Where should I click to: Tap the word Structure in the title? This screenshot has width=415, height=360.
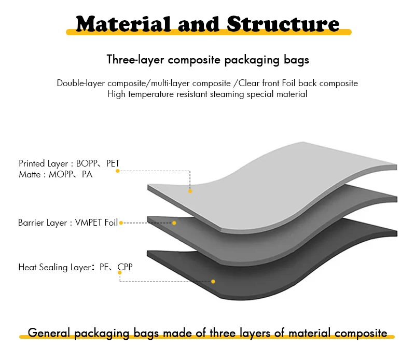pos(282,23)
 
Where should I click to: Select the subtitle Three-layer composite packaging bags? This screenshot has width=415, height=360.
pos(208,60)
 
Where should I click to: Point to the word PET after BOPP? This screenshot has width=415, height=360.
pos(113,163)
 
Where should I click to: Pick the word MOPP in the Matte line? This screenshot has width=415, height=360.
pos(60,174)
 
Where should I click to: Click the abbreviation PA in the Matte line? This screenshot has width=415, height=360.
pos(87,174)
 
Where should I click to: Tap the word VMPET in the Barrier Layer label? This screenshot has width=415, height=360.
pos(89,223)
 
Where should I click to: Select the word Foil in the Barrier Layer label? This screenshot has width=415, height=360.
pos(112,223)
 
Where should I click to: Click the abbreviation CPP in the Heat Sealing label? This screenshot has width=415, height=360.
pos(126,268)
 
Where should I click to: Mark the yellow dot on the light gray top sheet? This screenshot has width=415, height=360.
pos(190,191)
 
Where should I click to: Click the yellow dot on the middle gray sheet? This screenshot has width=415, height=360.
pos(174,223)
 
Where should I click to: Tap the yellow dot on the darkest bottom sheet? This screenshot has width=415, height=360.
pos(213,282)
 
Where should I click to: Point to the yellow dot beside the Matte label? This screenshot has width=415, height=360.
pos(118,171)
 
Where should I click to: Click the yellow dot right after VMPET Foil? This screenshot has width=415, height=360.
pos(121,223)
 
